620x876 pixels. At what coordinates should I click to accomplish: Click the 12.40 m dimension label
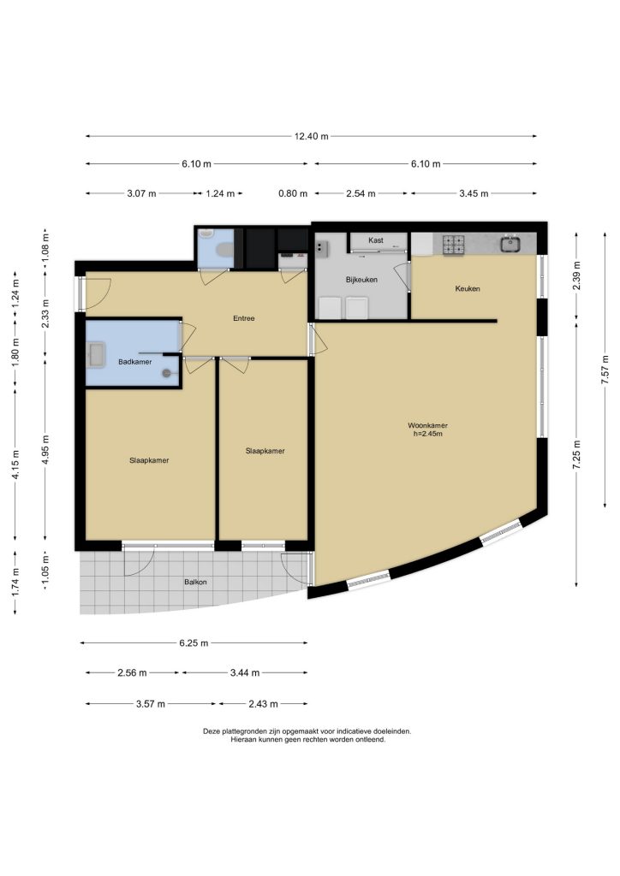pos(312,136)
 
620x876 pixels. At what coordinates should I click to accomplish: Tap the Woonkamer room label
pos(427,425)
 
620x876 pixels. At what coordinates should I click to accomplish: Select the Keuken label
pos(468,288)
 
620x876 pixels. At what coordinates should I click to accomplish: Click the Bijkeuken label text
pos(361,280)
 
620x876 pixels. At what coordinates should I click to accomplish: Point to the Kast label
pos(376,240)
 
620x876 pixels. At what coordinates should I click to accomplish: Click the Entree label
pos(244,318)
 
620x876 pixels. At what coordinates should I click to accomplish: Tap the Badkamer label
pos(134,362)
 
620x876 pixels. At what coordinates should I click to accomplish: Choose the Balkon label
pos(195,582)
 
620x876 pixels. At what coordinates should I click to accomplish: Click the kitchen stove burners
pos(454,244)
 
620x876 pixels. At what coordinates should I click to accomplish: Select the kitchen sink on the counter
pos(511,244)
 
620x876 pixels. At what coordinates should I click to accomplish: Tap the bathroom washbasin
pos(96,355)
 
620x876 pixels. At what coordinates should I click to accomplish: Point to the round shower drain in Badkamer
pos(166,374)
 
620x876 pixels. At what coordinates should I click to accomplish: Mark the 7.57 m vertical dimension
pos(605,370)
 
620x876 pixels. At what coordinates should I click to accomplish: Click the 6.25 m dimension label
pos(194,643)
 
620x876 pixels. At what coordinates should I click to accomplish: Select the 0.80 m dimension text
pos(293,194)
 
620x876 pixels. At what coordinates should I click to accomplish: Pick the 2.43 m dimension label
pos(263,704)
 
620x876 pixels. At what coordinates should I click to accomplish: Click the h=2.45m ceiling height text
pos(427,434)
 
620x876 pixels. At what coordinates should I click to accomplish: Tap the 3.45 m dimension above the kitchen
pos(474,194)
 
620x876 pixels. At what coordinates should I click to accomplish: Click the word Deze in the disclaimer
pos(212,731)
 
